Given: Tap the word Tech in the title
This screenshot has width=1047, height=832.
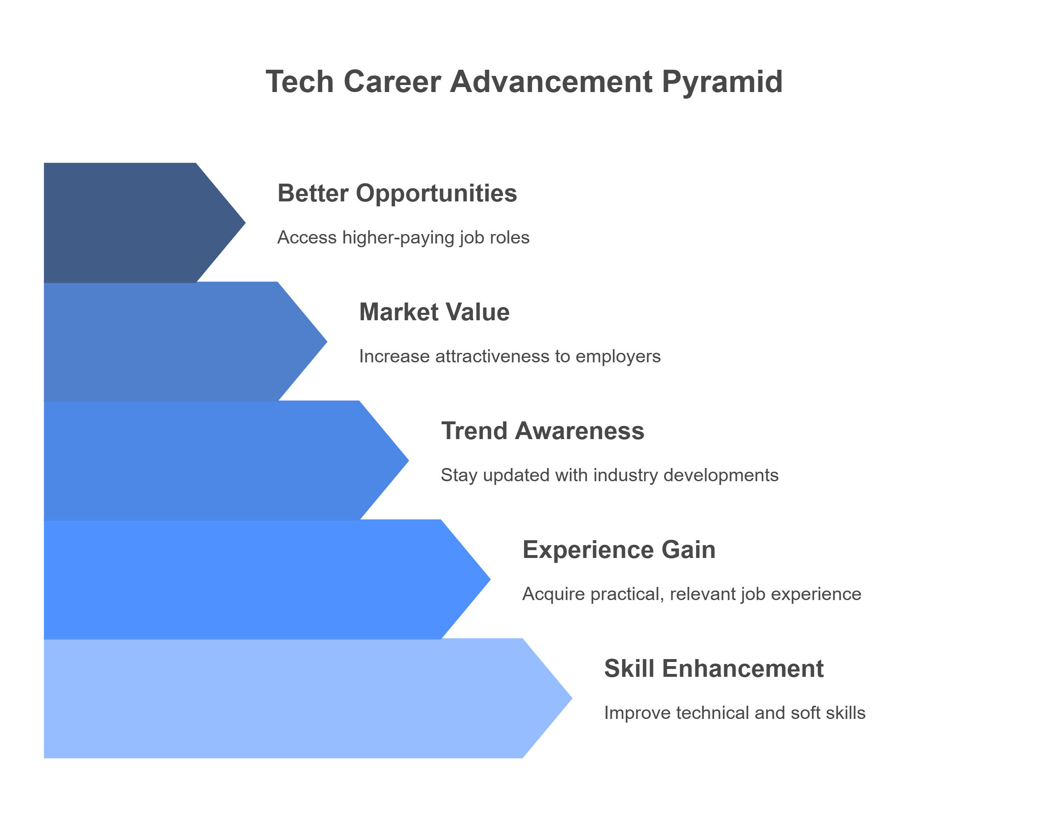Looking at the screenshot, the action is point(299,81).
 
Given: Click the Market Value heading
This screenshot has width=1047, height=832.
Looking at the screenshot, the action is point(434,312).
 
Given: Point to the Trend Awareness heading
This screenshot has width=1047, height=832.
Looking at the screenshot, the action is point(542,431).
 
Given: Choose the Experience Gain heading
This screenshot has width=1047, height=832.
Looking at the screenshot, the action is point(619,550).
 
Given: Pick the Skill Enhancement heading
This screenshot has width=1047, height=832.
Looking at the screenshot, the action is point(714,669).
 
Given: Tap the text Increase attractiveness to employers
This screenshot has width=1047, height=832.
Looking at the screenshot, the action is point(509,357).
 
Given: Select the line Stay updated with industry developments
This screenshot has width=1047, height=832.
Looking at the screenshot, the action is point(609,475).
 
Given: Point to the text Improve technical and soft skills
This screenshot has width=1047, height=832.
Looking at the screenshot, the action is point(734,713).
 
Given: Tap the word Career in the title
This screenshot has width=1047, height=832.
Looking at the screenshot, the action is point(392,81).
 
